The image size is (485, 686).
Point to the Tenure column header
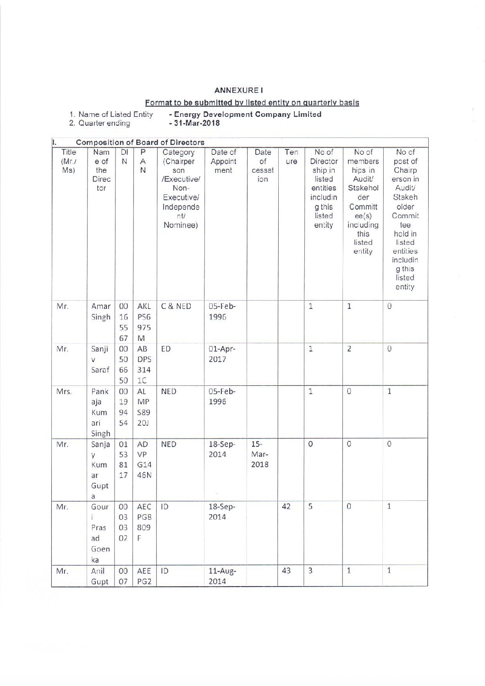(291, 157)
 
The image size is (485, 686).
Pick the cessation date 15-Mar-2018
(259, 454)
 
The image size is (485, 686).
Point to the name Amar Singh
(101, 312)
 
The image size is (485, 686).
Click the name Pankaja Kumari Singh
(101, 412)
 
